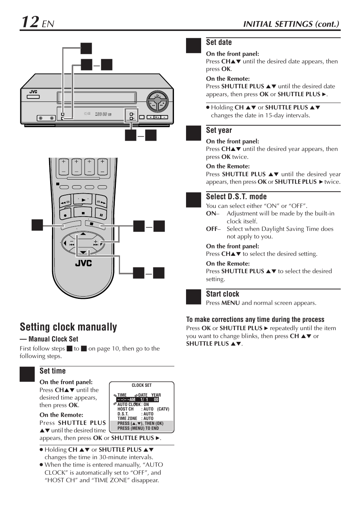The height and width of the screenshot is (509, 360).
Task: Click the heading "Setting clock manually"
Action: (68, 327)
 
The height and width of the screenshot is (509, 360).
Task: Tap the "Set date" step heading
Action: (219, 42)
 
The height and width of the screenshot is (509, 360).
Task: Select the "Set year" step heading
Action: (219, 130)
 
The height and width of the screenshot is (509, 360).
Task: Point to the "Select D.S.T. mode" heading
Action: (236, 197)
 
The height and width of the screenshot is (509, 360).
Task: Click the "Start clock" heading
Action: (223, 294)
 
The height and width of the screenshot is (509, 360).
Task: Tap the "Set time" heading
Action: (52, 371)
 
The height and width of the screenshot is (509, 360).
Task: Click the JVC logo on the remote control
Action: (83, 263)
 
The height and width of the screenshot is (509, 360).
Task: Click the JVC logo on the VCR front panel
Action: (34, 92)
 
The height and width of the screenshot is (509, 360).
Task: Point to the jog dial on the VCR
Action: (158, 100)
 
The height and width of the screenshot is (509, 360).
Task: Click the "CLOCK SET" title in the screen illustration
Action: (142, 385)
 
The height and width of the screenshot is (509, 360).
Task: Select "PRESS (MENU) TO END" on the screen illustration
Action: (138, 428)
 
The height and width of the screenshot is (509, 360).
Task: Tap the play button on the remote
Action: (83, 200)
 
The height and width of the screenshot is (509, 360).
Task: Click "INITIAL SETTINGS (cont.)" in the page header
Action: (291, 24)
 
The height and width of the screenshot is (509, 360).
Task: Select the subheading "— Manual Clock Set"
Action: (49, 339)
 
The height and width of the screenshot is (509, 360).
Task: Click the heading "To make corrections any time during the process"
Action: (255, 319)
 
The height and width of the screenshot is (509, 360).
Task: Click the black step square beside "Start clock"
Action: (194, 297)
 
